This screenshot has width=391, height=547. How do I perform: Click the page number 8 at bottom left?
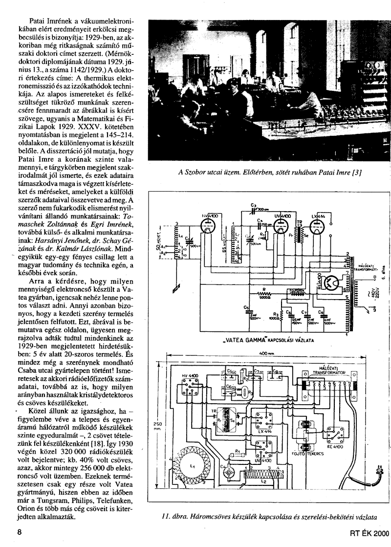point(20,533)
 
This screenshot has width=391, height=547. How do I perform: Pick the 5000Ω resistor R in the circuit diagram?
point(264,294)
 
